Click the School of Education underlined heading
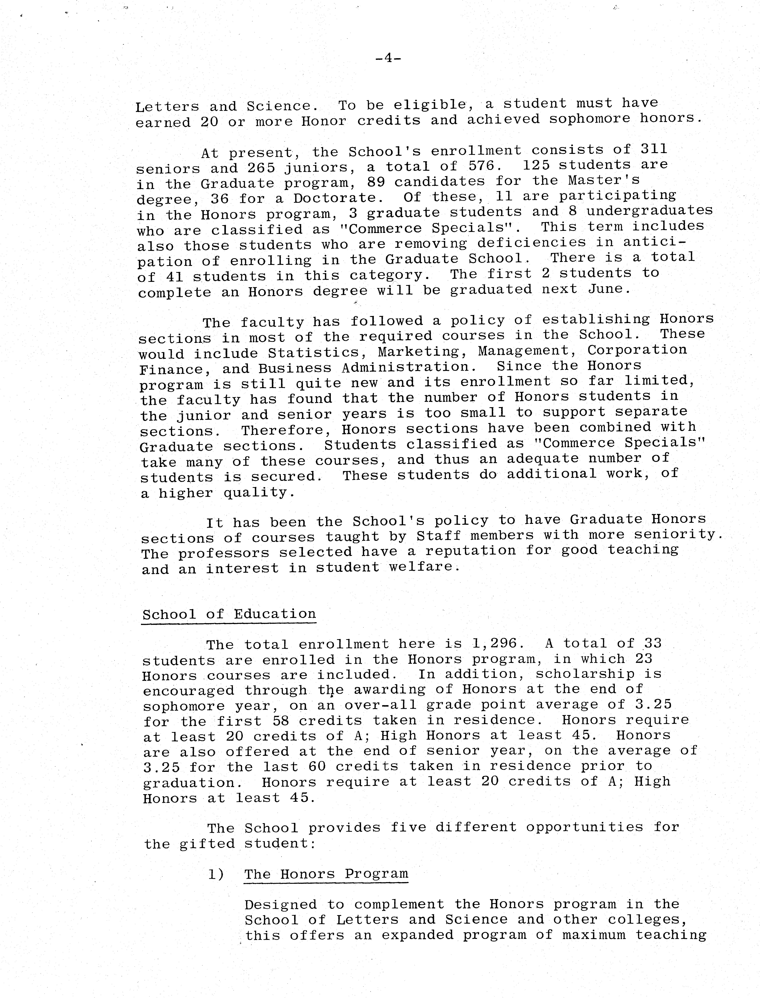229,614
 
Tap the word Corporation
637,350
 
